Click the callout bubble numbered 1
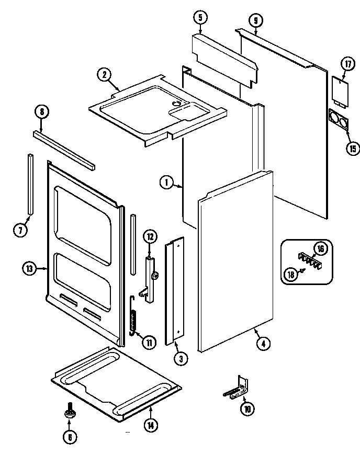pos(166,183)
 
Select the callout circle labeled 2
pos(105,74)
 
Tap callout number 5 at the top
pos(200,18)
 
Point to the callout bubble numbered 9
pos(254,21)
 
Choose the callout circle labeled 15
pos(352,148)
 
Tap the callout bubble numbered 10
pos(246,409)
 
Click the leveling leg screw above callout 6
pos(69,413)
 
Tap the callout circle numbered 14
pos(151,425)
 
